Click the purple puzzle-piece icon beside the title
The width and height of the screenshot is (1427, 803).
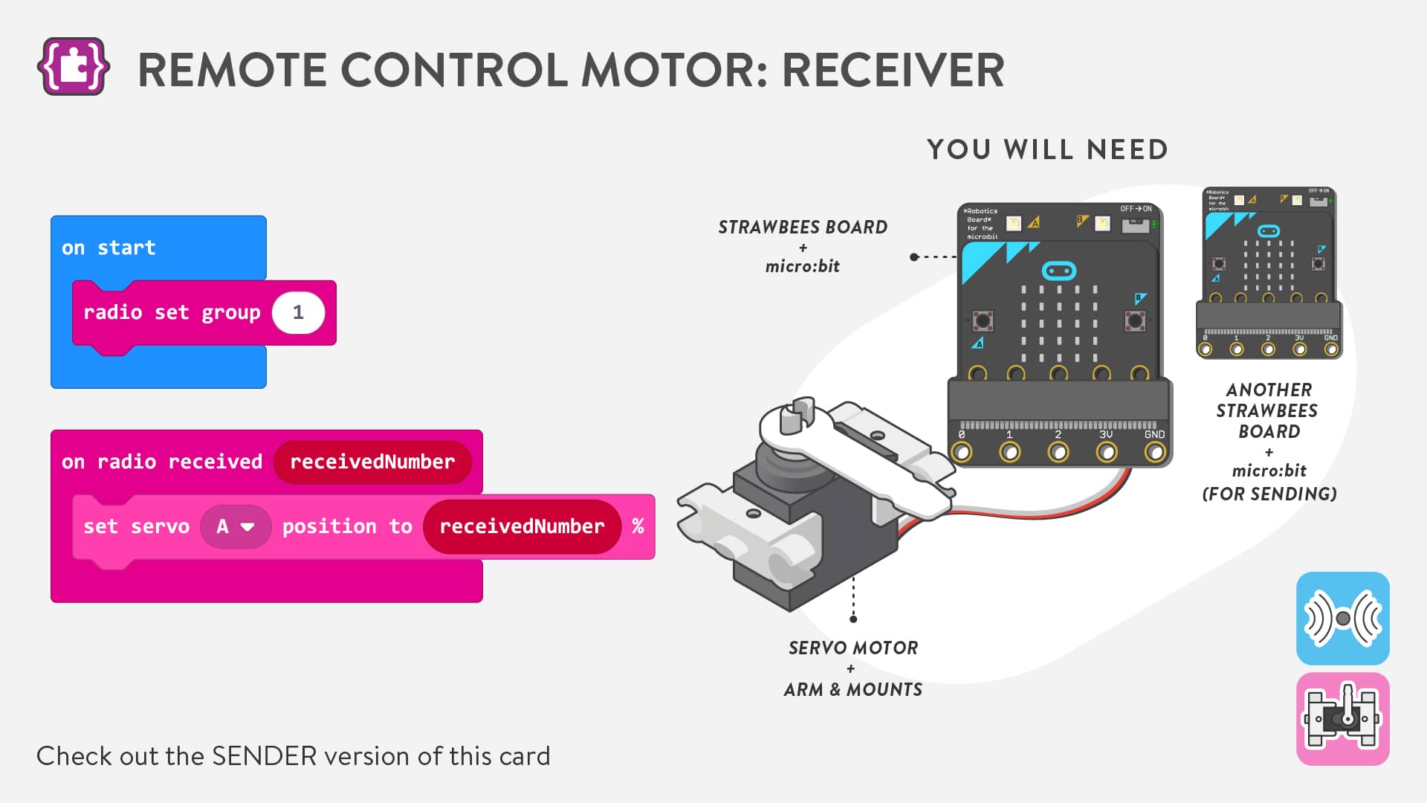click(x=73, y=67)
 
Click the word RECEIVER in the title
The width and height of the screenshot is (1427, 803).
click(x=893, y=71)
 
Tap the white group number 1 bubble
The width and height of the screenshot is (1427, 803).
click(x=298, y=313)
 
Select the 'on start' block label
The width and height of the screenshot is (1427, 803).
click(x=109, y=248)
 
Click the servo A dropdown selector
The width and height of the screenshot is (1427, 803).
click(x=236, y=526)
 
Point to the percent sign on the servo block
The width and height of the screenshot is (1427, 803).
click(x=638, y=526)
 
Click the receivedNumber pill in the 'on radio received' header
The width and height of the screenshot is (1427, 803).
click(x=372, y=462)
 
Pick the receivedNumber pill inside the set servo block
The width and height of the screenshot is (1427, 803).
click(x=522, y=526)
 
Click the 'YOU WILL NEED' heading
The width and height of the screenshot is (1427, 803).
click(x=1047, y=149)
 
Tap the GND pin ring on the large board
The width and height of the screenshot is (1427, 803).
click(x=1155, y=451)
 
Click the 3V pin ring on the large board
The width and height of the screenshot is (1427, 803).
click(x=1107, y=451)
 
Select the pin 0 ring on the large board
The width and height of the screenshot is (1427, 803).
click(x=962, y=451)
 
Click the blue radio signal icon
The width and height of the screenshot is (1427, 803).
click(x=1342, y=618)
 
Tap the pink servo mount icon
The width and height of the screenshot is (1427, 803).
click(x=1342, y=719)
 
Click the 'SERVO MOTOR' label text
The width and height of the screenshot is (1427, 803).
click(x=853, y=648)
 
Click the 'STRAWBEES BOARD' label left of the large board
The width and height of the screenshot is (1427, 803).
click(x=803, y=228)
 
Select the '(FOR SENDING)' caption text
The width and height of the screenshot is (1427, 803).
click(x=1269, y=494)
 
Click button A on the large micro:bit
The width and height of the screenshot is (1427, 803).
click(x=983, y=320)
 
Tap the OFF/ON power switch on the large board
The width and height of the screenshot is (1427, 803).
click(x=1135, y=224)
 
